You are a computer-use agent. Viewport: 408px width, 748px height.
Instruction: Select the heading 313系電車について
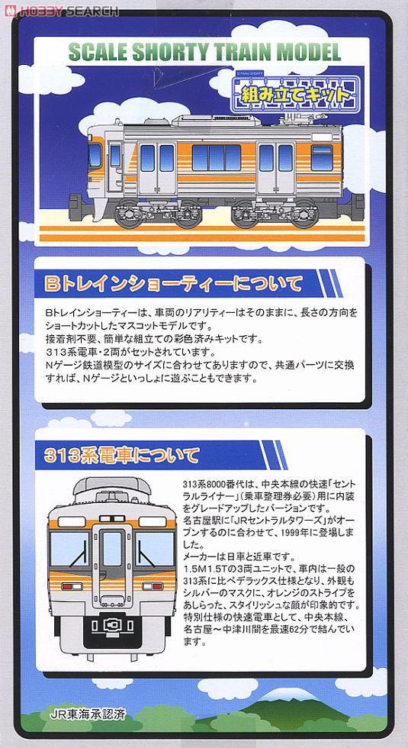121,456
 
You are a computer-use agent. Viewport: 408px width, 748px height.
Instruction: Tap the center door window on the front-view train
111,550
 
